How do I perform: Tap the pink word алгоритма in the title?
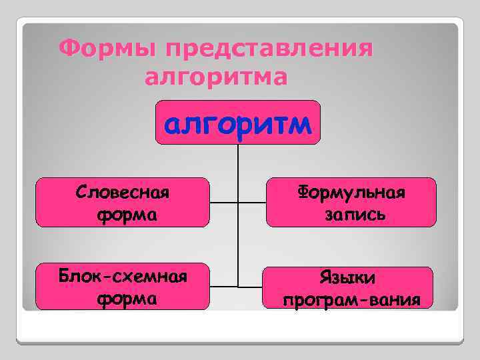(x=216, y=77)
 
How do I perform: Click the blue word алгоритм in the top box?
(x=238, y=123)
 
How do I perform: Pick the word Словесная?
(x=123, y=193)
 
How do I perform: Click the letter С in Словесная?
(x=81, y=193)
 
